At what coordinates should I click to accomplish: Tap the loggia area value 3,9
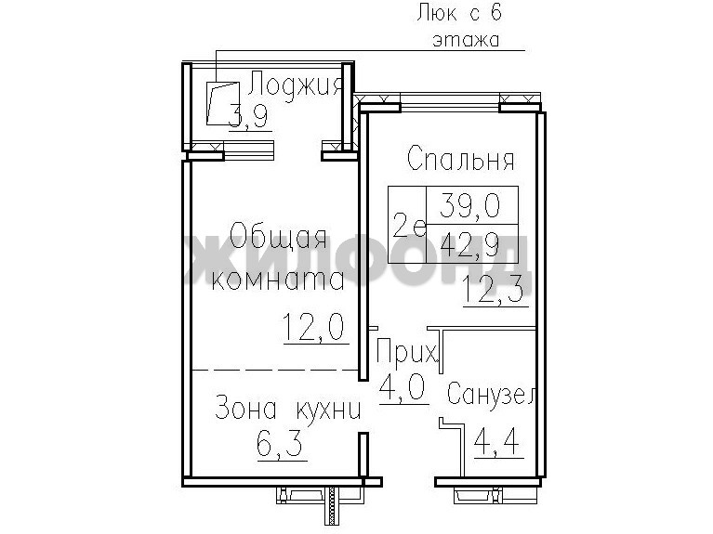pyautogui.click(x=249, y=116)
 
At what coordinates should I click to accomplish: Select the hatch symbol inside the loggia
pyautogui.click(x=222, y=103)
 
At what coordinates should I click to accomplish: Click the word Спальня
pyautogui.click(x=461, y=158)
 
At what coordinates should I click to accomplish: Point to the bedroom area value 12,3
pyautogui.click(x=496, y=290)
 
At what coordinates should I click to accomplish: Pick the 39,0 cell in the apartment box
pyautogui.click(x=470, y=205)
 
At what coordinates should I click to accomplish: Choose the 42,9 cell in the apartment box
pyautogui.click(x=470, y=244)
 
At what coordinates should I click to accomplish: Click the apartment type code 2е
pyautogui.click(x=409, y=225)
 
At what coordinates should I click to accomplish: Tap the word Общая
pyautogui.click(x=278, y=235)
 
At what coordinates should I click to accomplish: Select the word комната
pyautogui.click(x=278, y=280)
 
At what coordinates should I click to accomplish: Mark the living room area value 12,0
pyautogui.click(x=314, y=327)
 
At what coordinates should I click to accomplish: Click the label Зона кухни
pyautogui.click(x=288, y=408)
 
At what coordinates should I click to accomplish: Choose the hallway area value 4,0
pyautogui.click(x=402, y=386)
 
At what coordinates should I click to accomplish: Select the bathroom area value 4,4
pyautogui.click(x=497, y=441)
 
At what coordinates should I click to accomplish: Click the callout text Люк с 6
pyautogui.click(x=459, y=12)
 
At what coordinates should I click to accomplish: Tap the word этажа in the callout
pyautogui.click(x=467, y=40)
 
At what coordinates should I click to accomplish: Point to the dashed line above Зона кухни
pyautogui.click(x=274, y=370)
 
